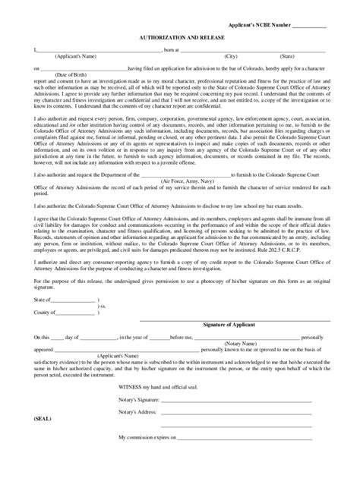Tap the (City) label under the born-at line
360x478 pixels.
click(x=231, y=56)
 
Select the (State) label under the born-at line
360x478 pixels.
click(x=287, y=56)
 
